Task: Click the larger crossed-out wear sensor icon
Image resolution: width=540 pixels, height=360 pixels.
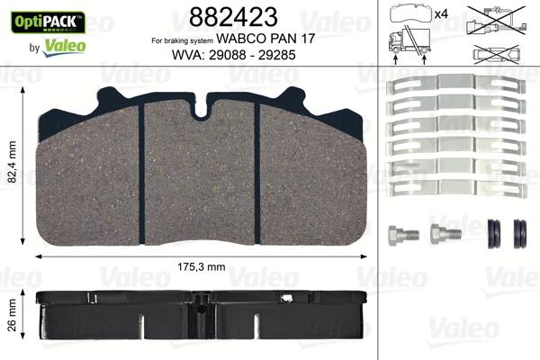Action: click(x=500, y=21)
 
